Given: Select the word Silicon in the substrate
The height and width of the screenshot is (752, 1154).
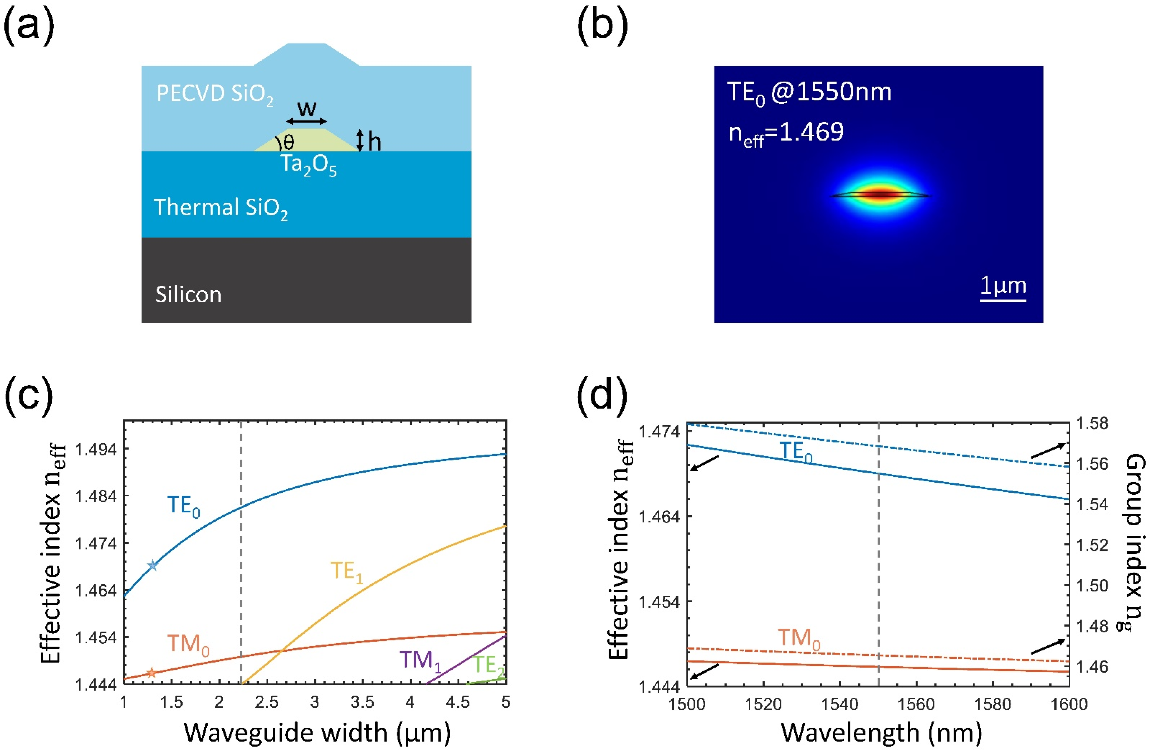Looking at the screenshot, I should [188, 294].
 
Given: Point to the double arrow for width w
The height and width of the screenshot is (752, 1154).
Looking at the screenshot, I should [306, 121].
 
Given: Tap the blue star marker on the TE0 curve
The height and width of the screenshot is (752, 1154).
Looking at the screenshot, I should [153, 565].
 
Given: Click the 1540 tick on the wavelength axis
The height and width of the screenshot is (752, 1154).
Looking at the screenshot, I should [840, 704].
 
